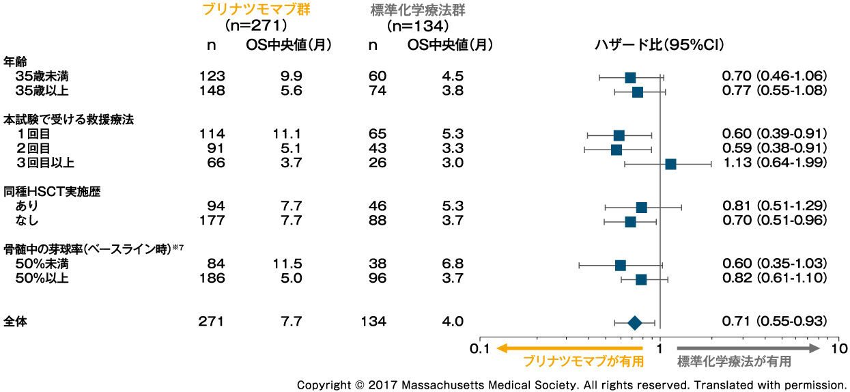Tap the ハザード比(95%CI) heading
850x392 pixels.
(660, 45)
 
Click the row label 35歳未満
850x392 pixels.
(46, 76)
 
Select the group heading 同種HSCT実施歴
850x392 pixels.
(53, 192)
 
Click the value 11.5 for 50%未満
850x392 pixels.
(287, 264)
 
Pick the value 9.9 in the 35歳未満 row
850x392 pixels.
(287, 76)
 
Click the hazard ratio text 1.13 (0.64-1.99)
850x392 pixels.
(775, 163)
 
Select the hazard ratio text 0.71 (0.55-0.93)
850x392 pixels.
(775, 322)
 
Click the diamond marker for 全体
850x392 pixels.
(634, 323)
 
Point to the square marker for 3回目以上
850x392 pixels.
(670, 164)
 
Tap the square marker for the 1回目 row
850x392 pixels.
(619, 135)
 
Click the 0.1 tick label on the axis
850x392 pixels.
(480, 348)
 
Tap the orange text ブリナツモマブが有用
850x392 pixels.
(583, 361)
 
